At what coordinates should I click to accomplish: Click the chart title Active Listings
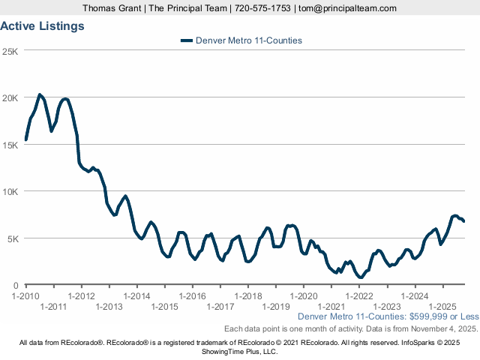click(42, 25)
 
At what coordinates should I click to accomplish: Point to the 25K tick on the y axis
click(11, 51)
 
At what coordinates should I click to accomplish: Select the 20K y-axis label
click(11, 97)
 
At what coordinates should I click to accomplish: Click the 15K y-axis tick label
click(11, 145)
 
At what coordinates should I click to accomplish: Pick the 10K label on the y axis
click(11, 191)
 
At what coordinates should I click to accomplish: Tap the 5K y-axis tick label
click(13, 238)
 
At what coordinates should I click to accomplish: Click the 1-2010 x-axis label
click(26, 296)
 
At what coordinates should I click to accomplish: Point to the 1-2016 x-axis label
click(192, 296)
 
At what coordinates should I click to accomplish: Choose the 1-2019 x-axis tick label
click(275, 306)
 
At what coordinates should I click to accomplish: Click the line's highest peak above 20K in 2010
click(40, 94)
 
